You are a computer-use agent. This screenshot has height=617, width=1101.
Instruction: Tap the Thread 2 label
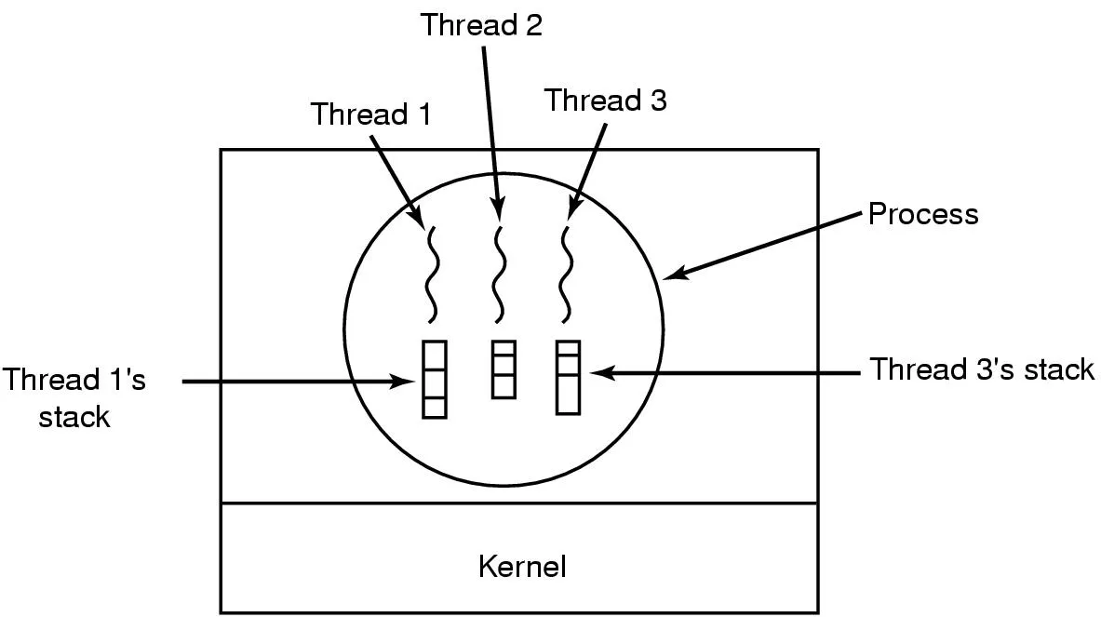coord(480,25)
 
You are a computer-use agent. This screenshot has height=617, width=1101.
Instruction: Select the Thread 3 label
coord(605,100)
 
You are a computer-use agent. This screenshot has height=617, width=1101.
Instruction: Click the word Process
coord(923,215)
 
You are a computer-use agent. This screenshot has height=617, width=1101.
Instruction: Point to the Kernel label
coord(522,566)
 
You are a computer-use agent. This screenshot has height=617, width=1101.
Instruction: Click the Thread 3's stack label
coord(982,369)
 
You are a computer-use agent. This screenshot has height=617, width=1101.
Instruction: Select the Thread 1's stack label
coord(74,398)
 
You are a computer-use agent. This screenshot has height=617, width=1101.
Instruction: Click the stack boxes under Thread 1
coord(434,379)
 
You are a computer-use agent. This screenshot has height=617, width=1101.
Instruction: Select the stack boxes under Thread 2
coord(503,369)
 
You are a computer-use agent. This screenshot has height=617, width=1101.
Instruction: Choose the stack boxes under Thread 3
coord(568,377)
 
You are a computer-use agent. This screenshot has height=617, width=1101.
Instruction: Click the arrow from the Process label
coord(763,246)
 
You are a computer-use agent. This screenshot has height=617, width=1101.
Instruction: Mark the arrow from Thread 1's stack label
coord(298,381)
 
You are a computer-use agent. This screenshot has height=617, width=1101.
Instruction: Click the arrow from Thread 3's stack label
coord(726,373)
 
